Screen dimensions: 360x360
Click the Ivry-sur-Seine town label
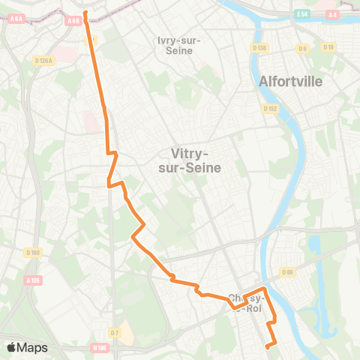click(x=175, y=45)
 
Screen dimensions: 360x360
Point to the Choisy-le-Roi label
click(x=247, y=302)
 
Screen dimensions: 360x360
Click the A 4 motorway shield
click(x=332, y=14)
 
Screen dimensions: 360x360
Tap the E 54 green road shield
click(x=302, y=14)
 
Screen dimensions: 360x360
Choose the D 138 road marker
click(x=260, y=48)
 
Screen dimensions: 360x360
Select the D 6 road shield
click(x=302, y=48)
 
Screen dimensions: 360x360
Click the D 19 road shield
click(x=328, y=46)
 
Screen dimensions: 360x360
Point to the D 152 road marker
click(x=271, y=108)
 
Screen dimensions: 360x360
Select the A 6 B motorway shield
click(x=73, y=21)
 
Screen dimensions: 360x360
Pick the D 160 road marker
click(x=32, y=252)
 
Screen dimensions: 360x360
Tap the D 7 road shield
click(x=114, y=332)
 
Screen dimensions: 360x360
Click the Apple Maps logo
click(x=27, y=347)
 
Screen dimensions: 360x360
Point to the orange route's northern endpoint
click(x=85, y=13)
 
